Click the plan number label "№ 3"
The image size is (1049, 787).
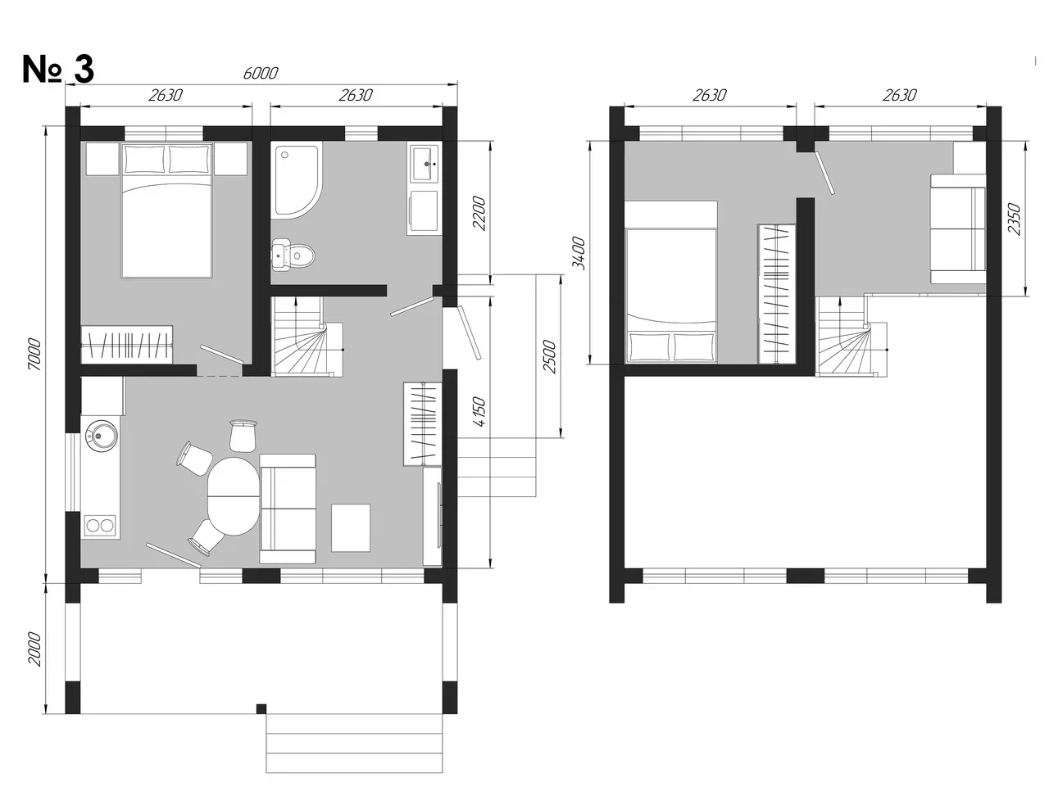click(x=58, y=70)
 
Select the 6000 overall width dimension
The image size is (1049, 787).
click(x=261, y=73)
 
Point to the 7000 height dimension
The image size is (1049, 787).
click(x=34, y=355)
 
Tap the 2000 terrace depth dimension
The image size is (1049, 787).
click(x=34, y=649)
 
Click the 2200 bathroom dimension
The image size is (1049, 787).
click(x=479, y=214)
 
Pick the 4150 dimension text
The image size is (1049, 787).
click(x=479, y=412)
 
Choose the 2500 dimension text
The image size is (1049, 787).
click(x=550, y=357)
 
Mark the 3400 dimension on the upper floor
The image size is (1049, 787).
click(x=579, y=253)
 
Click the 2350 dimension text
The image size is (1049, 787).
click(x=1014, y=219)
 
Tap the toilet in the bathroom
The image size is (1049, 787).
click(x=293, y=255)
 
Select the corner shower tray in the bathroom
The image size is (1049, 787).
click(x=297, y=180)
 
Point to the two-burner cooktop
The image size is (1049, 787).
click(x=100, y=525)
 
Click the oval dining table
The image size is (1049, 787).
click(x=234, y=496)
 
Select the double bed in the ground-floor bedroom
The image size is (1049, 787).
click(x=167, y=210)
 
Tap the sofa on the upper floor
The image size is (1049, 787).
click(x=958, y=229)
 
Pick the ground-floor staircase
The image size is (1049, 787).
click(x=307, y=337)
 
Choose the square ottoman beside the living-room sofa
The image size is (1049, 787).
click(x=351, y=527)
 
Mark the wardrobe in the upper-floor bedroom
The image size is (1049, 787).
click(x=777, y=294)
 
